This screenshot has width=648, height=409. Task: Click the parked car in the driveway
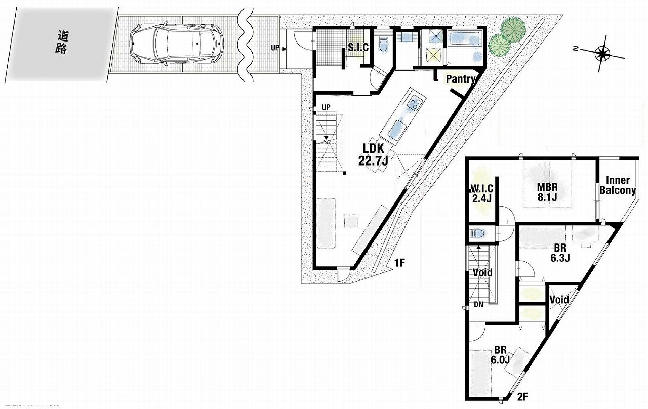[176, 43]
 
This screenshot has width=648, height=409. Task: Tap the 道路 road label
[62, 42]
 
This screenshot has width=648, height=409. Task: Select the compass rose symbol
[602, 54]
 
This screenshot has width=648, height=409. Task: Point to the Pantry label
[461, 79]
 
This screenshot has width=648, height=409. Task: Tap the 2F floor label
[522, 397]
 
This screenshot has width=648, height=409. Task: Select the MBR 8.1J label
[547, 192]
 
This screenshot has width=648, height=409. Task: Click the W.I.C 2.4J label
[481, 194]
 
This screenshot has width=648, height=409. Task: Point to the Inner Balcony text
[618, 185]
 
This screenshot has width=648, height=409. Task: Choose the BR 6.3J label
[560, 253]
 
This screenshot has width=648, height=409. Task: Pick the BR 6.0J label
[500, 355]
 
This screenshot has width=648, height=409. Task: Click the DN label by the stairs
[478, 304]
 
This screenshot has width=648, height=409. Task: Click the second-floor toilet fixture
[479, 233]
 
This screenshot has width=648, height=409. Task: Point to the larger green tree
[513, 30]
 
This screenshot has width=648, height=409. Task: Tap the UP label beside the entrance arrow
[275, 48]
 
